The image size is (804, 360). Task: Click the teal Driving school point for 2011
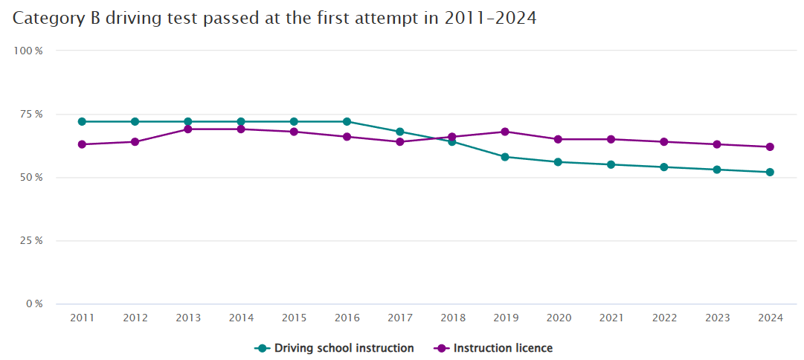(x=82, y=121)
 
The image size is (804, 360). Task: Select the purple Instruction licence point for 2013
(x=188, y=129)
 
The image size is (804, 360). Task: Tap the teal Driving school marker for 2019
(x=505, y=157)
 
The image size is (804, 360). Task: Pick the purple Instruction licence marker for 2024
(x=770, y=147)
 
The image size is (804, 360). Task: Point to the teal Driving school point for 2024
(x=770, y=172)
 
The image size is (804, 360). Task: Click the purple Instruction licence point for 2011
(x=82, y=144)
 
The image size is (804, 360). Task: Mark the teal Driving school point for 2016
(x=347, y=121)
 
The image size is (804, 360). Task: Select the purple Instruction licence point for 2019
(x=505, y=132)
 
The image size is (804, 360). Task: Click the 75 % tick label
(x=30, y=114)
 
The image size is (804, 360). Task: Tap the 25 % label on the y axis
(x=30, y=241)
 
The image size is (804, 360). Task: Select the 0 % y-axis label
(x=33, y=304)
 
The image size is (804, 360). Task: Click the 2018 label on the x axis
(x=452, y=318)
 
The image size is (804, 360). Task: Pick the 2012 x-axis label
(x=135, y=318)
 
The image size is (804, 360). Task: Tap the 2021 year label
(x=611, y=318)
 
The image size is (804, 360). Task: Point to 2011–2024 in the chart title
(x=490, y=19)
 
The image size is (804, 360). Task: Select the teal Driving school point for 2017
(x=399, y=132)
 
